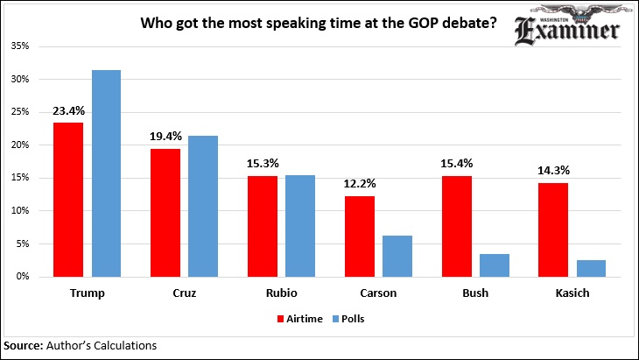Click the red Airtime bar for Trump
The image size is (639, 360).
click(68, 199)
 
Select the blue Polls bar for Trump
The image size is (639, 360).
click(106, 173)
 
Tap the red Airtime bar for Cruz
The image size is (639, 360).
click(165, 212)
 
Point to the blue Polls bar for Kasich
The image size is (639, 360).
click(591, 267)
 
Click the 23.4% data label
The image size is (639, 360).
click(67, 111)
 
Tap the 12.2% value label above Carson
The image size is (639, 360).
click(359, 185)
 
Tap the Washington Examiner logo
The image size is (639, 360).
click(566, 29)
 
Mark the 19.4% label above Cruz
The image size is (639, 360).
click(165, 138)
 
